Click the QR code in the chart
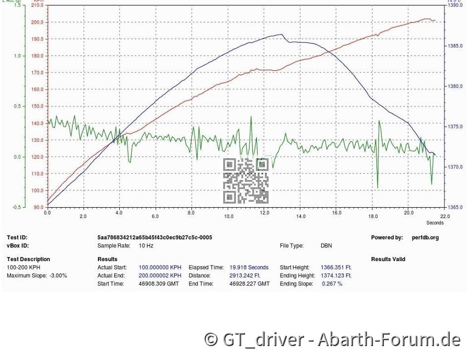pyautogui.click(x=246, y=181)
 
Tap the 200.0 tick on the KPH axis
pyautogui.click(x=37, y=22)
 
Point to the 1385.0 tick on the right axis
pyautogui.click(x=455, y=46)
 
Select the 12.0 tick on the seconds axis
pyautogui.click(x=264, y=217)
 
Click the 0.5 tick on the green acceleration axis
pyautogui.click(x=18, y=106)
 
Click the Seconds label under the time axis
pyautogui.click(x=435, y=223)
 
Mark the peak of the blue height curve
pyautogui.click(x=282, y=35)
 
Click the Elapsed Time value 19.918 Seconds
pyautogui.click(x=249, y=268)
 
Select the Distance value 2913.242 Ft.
pyautogui.click(x=244, y=275)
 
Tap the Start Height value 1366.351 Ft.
pyautogui.click(x=336, y=268)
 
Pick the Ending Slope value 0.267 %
pyautogui.click(x=332, y=284)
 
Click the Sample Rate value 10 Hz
pyautogui.click(x=147, y=245)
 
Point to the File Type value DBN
pyautogui.click(x=326, y=245)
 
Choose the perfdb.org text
pyautogui.click(x=425, y=237)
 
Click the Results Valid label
pyautogui.click(x=388, y=259)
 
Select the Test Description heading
pyautogui.click(x=28, y=259)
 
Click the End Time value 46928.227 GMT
pyautogui.click(x=249, y=284)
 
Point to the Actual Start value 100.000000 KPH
pyautogui.click(x=160, y=268)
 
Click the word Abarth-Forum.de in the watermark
pyautogui.click(x=389, y=340)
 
